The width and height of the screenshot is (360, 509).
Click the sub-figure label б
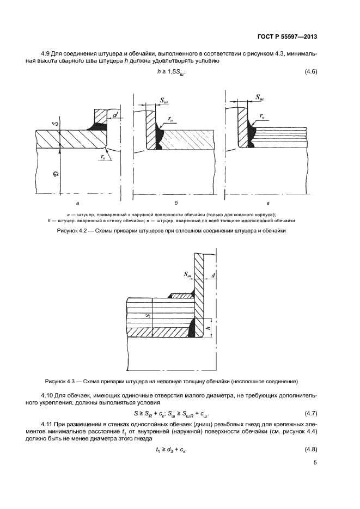click(x=176, y=202)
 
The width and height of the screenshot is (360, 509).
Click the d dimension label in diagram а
click(x=116, y=115)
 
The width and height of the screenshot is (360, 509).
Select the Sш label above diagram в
click(x=259, y=99)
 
